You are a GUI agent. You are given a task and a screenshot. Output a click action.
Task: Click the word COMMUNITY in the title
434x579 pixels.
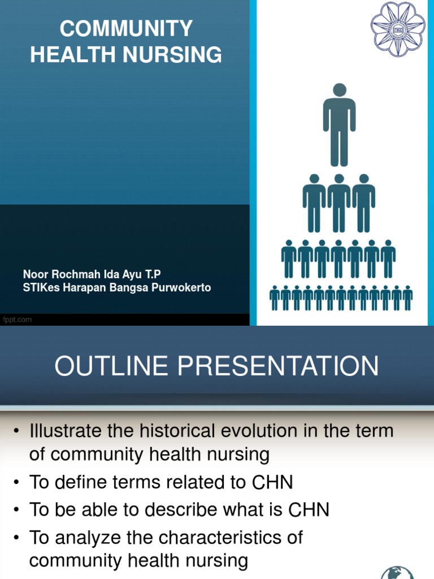(x=126, y=28)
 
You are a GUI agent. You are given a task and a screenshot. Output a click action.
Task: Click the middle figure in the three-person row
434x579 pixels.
(x=339, y=204)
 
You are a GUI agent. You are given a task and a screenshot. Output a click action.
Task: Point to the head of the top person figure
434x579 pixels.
(x=339, y=90)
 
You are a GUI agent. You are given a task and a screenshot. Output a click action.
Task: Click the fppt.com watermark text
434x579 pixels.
(x=18, y=319)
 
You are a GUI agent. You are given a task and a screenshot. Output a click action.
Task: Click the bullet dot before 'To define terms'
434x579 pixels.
(x=17, y=482)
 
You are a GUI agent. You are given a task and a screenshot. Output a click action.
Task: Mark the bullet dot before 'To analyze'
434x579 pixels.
(x=17, y=538)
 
